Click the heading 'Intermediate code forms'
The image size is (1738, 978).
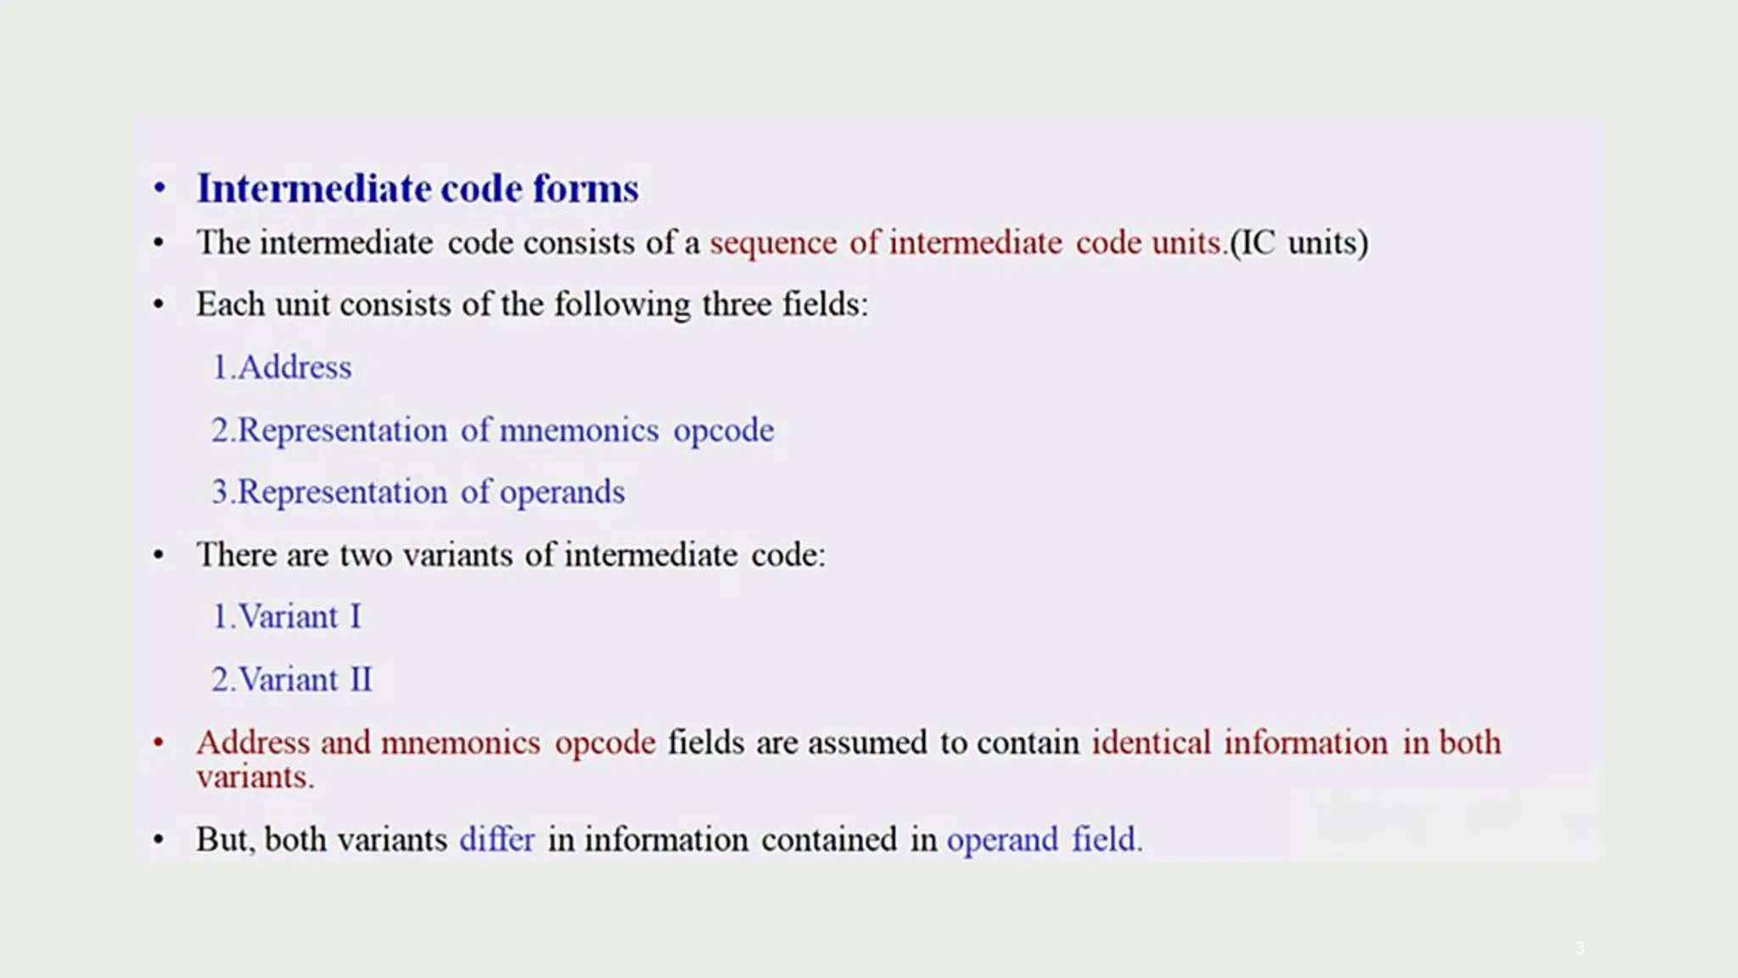click(418, 188)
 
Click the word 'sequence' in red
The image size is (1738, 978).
click(773, 244)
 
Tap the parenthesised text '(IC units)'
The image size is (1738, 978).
click(1299, 244)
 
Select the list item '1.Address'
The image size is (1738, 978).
click(282, 368)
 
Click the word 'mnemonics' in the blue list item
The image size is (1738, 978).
click(579, 430)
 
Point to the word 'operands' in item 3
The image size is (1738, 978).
click(562, 492)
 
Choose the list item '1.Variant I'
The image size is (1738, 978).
click(287, 617)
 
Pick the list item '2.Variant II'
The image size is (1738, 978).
click(292, 680)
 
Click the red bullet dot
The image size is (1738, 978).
click(159, 743)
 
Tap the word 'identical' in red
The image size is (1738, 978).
click(1151, 743)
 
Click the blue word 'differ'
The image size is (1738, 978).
click(496, 840)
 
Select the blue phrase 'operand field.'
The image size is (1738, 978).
click(1045, 840)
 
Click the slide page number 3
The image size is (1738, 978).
click(1579, 947)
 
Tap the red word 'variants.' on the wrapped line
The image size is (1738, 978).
click(255, 777)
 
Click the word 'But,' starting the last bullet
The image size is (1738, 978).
click(225, 840)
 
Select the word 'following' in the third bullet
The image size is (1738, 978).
click(622, 305)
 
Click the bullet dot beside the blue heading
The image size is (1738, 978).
click(160, 188)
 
